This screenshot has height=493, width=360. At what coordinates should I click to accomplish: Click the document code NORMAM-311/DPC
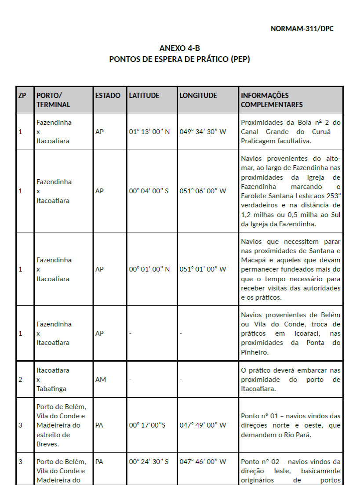click(x=302, y=29)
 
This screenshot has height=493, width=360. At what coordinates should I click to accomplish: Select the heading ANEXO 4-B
click(x=179, y=48)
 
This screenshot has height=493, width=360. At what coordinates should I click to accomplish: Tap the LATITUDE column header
click(x=144, y=95)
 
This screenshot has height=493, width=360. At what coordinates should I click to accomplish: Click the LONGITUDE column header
click(x=198, y=95)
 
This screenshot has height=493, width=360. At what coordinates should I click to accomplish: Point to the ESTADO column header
click(x=108, y=95)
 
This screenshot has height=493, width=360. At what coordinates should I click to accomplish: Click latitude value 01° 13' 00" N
click(x=149, y=131)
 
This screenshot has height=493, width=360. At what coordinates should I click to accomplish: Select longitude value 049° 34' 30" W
click(x=203, y=131)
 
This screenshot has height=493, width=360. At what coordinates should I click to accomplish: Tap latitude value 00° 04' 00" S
click(x=149, y=191)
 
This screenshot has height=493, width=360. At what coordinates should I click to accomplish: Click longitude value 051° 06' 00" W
click(x=203, y=191)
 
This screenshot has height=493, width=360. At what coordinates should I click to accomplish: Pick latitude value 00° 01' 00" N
click(x=149, y=269)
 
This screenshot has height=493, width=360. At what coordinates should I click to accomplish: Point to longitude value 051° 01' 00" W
click(x=203, y=269)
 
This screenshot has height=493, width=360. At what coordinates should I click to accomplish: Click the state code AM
click(x=100, y=379)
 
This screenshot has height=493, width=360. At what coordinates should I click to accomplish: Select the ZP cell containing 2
click(x=20, y=379)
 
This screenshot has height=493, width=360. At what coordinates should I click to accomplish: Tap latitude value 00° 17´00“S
click(x=147, y=425)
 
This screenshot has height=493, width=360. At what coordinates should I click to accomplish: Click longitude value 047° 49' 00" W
click(x=203, y=425)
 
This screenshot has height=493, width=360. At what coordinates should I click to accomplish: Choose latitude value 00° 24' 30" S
click(x=149, y=461)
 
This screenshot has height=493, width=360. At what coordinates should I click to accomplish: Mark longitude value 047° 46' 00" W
click(x=203, y=461)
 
